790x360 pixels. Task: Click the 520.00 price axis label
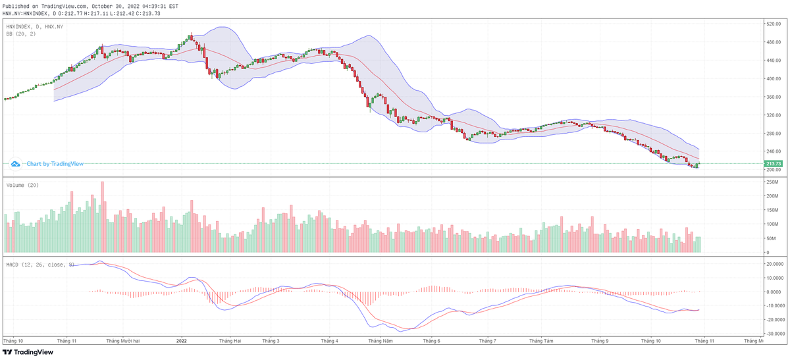click(772, 24)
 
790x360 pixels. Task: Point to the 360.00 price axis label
click(772, 97)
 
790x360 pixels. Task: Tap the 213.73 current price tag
click(772, 163)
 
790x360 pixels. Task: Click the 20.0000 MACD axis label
click(774, 264)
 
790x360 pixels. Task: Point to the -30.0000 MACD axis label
click(774, 334)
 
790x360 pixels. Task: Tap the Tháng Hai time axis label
click(230, 341)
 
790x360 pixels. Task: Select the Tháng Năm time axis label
click(380, 341)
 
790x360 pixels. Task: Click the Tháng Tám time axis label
click(543, 341)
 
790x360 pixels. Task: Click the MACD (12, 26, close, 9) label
click(39, 265)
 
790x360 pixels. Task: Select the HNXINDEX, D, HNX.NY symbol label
click(35, 26)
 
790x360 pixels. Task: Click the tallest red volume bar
click(102, 218)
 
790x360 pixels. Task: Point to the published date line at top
click(90, 5)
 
